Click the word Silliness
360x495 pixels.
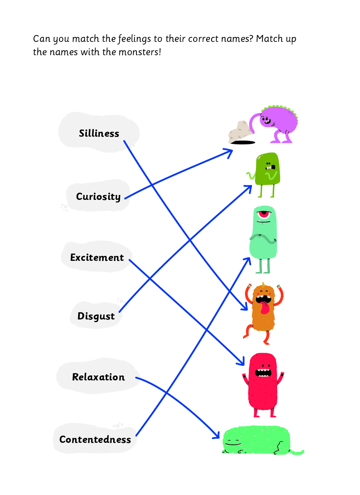[99, 133]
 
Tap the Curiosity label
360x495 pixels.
[98, 197]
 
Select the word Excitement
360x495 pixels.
[97, 257]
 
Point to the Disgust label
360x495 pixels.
[96, 316]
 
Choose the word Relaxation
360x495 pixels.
[98, 377]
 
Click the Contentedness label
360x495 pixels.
[95, 439]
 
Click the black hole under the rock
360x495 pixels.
[243, 142]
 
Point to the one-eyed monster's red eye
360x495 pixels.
[264, 214]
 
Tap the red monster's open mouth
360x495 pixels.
[263, 372]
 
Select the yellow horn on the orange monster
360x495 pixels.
[263, 284]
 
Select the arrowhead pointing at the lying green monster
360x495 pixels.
[216, 435]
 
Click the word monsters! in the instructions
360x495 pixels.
[140, 52]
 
